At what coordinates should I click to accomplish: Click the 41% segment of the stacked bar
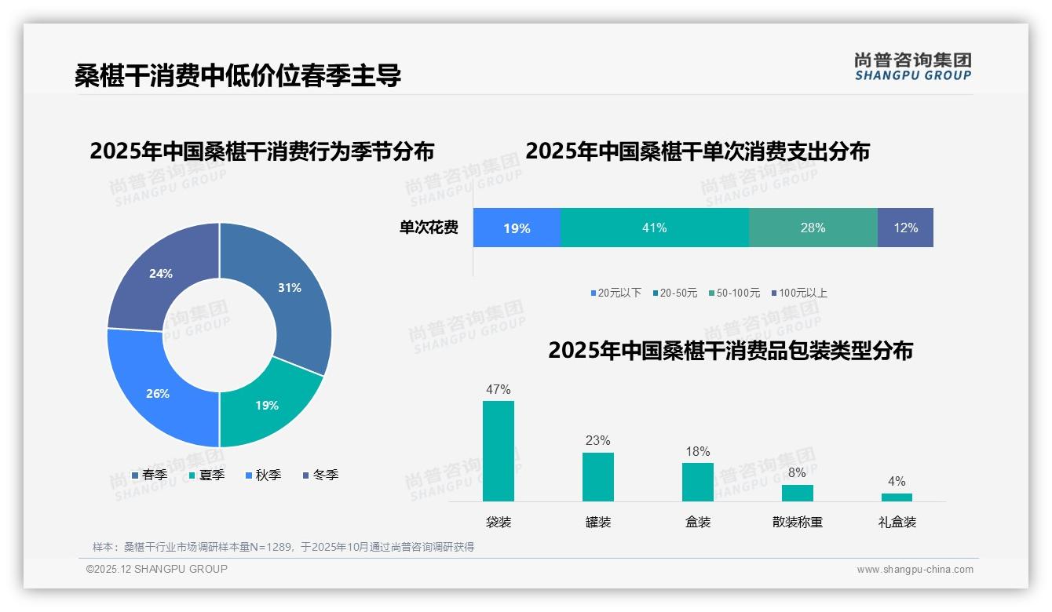(x=654, y=228)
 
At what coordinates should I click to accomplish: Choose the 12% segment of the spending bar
(x=905, y=228)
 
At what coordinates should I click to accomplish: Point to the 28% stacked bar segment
(x=813, y=228)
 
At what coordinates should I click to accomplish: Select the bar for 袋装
(x=499, y=451)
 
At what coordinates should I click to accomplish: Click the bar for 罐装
(x=597, y=476)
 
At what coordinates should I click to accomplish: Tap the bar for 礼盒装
(x=897, y=497)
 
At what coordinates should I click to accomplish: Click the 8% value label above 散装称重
(x=797, y=473)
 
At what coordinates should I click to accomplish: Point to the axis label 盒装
(x=698, y=522)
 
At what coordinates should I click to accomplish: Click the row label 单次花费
(x=429, y=228)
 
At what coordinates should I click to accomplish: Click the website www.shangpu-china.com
(x=915, y=570)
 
